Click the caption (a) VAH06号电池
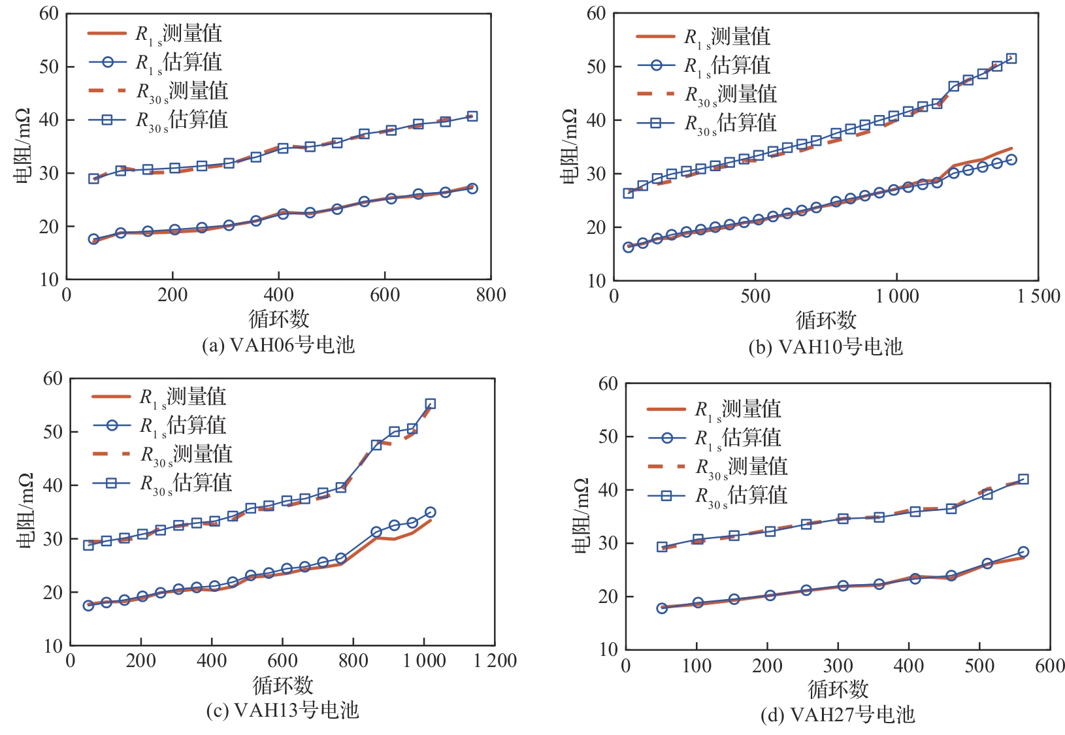[x=278, y=345]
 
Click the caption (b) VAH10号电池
[x=825, y=347]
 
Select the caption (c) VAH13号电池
[x=282, y=710]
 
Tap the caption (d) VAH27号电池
[x=837, y=715]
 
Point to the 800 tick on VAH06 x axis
[x=491, y=295]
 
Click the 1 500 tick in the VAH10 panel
[x=1038, y=297]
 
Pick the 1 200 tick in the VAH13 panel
[x=495, y=661]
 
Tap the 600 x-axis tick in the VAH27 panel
[x=1050, y=666]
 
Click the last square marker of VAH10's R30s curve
[x=1011, y=59]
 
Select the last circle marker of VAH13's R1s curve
[x=430, y=512]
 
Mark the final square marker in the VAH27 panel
[x=1023, y=480]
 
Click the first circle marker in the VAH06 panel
[x=94, y=239]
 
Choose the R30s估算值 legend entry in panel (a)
[x=158, y=120]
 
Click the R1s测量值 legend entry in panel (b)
[x=704, y=37]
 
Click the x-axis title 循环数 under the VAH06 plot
[x=279, y=319]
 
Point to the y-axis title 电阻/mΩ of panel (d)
[x=582, y=516]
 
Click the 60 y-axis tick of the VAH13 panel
[x=53, y=379]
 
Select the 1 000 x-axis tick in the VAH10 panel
[x=896, y=297]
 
